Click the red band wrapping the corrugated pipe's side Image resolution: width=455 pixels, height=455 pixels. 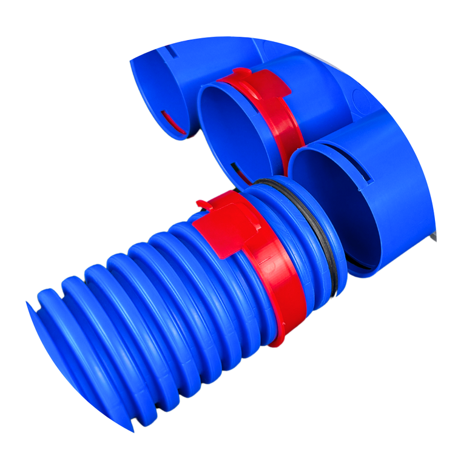click(285, 285)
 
